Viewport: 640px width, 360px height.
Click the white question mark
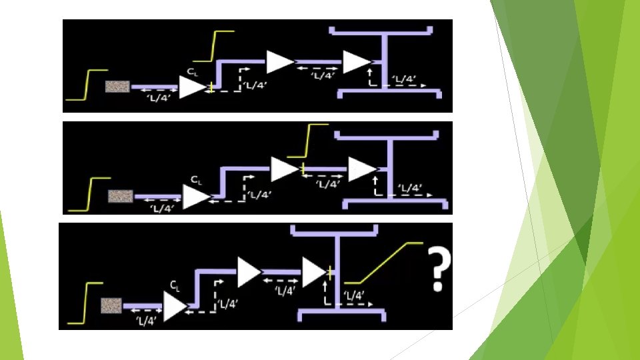[437, 268]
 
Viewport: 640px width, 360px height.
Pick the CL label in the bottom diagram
[175, 285]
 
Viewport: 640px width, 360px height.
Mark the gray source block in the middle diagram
[120, 195]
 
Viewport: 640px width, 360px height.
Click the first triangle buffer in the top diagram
[193, 87]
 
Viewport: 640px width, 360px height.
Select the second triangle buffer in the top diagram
[279, 62]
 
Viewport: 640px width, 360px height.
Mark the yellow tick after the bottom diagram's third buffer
[329, 271]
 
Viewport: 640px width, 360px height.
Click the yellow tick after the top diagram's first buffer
[211, 87]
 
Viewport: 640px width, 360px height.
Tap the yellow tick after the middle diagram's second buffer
[302, 169]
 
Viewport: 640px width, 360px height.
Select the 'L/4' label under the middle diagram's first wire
[163, 209]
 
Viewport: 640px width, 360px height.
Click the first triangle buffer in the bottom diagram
[175, 306]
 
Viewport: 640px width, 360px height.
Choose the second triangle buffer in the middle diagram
[283, 169]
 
